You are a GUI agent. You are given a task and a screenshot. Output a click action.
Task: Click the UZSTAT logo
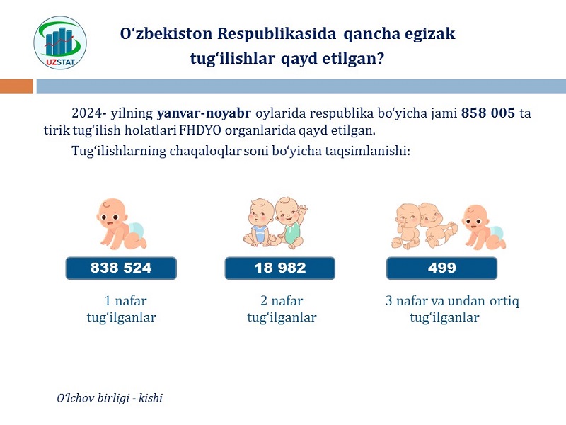60,42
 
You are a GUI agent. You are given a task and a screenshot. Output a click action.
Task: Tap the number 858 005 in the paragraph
488,113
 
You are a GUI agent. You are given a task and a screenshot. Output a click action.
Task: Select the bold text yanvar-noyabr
204,113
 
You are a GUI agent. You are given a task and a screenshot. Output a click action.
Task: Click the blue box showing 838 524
121,268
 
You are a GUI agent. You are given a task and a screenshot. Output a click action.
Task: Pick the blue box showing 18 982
280,268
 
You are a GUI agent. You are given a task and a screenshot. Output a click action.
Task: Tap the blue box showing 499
441,268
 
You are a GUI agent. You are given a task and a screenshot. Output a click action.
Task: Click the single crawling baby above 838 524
121,224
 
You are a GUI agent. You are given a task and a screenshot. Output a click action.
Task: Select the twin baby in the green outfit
290,222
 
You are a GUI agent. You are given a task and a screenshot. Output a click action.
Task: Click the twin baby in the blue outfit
259,222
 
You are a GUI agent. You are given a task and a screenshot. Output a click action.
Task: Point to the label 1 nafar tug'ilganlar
122,309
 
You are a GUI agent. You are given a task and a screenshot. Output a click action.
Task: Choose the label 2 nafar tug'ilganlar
282,309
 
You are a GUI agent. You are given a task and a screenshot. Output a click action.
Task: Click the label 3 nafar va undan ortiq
452,301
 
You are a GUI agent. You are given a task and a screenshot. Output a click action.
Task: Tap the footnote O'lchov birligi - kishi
110,398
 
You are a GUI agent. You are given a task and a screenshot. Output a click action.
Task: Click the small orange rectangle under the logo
16,86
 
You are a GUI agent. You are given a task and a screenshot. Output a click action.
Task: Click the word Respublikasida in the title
277,34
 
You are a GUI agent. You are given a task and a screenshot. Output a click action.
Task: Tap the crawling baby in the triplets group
484,227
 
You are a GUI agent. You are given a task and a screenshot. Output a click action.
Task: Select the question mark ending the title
380,58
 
